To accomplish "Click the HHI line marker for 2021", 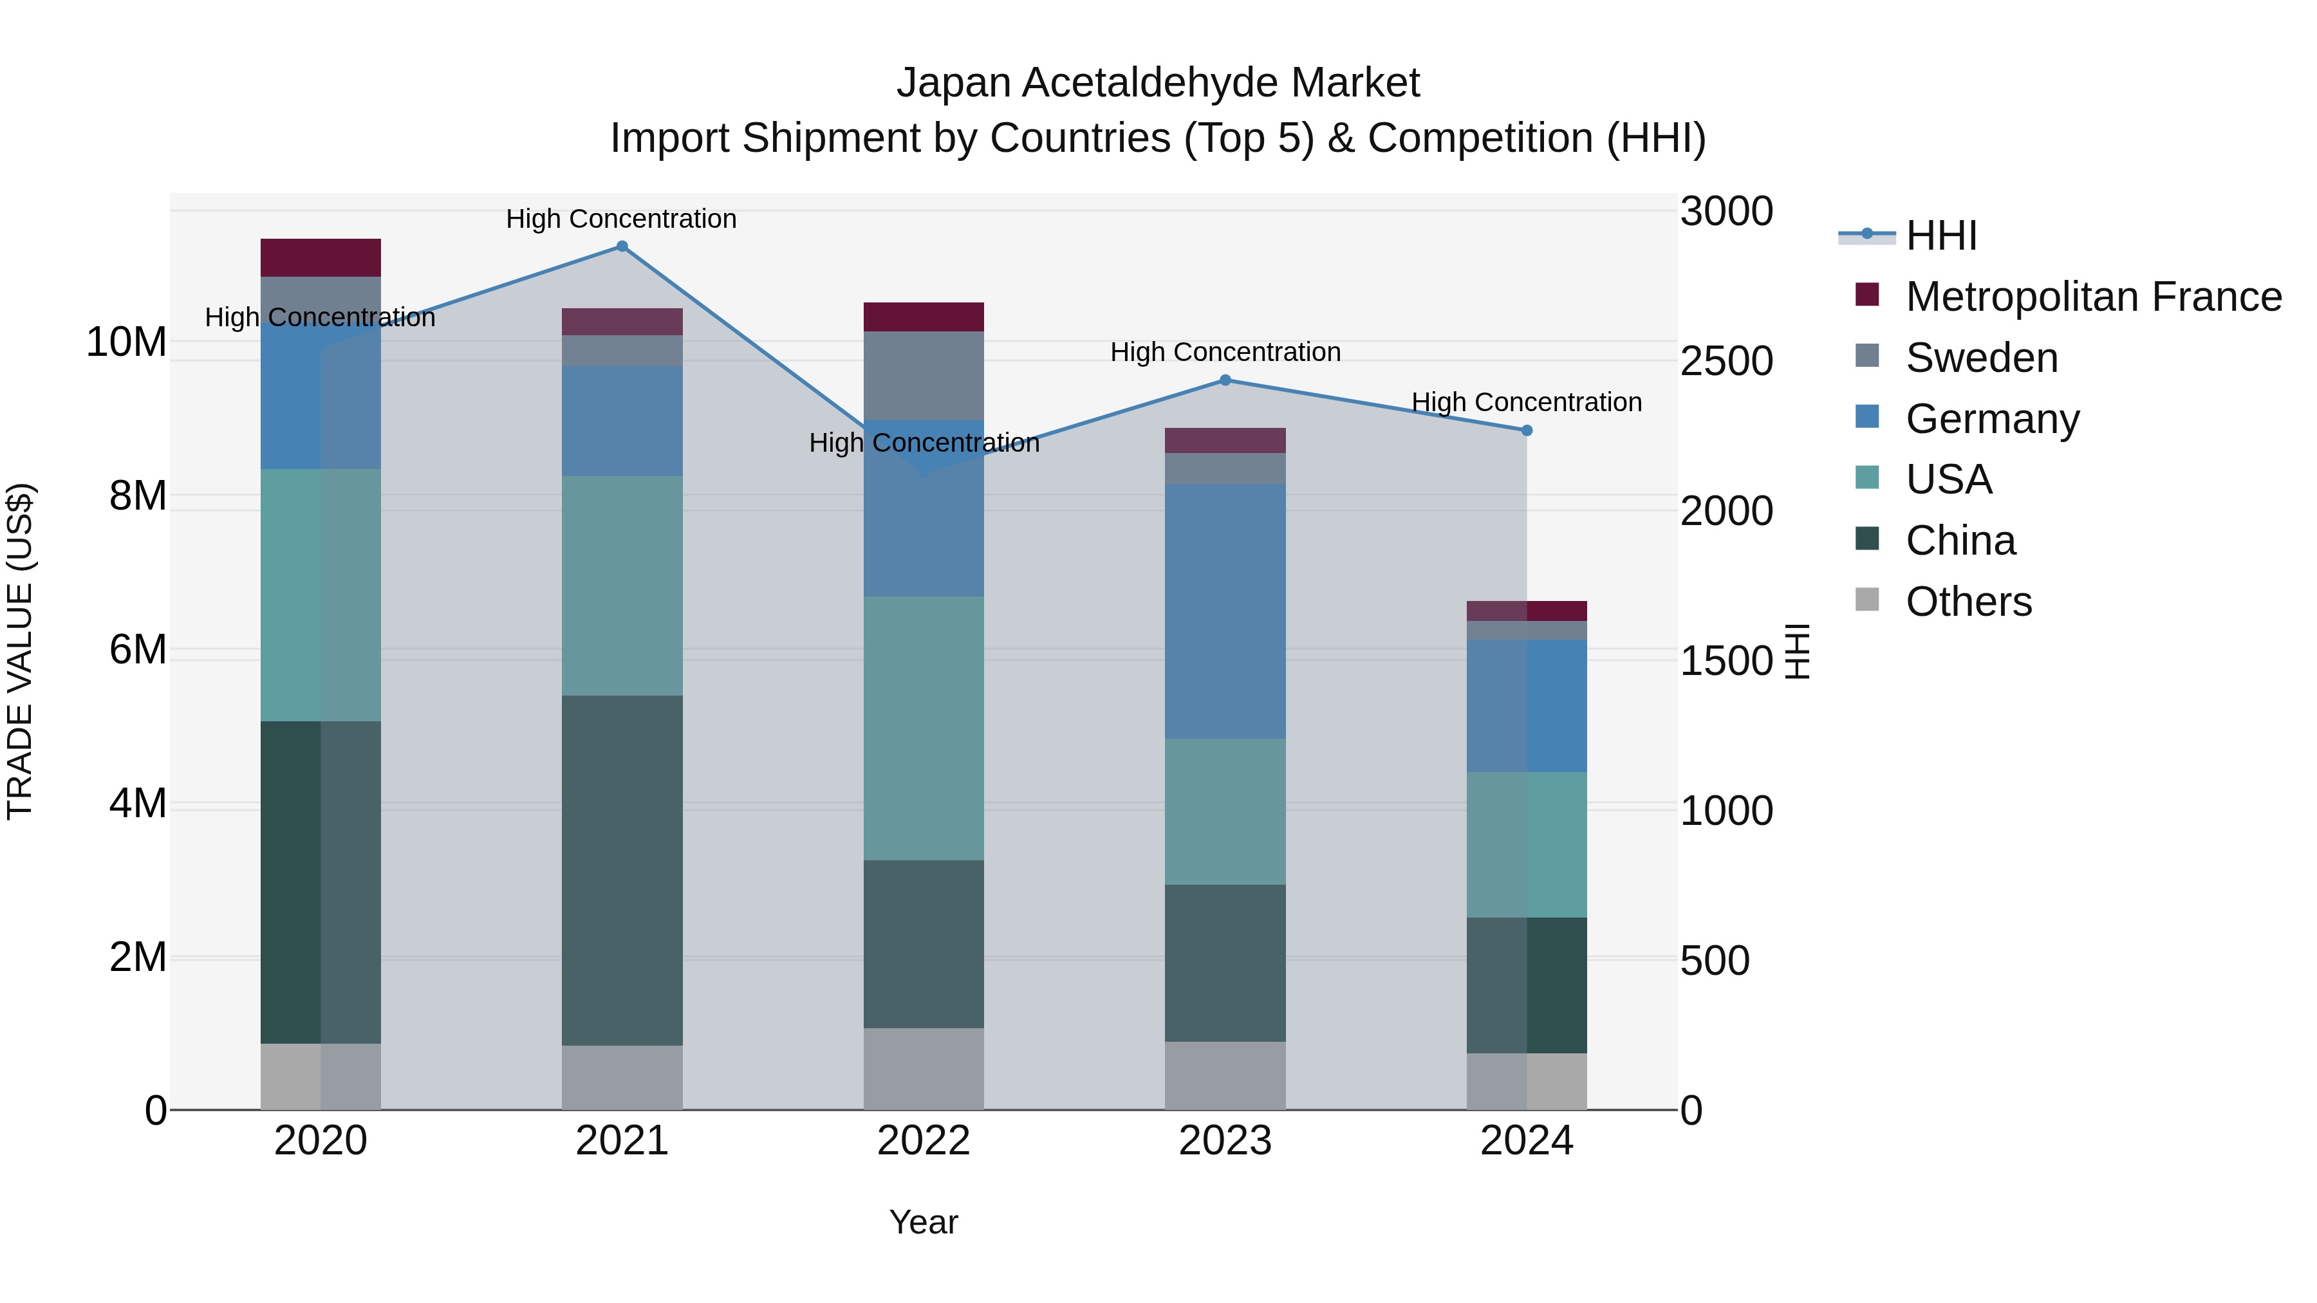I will coord(622,246).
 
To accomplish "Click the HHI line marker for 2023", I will coord(1225,380).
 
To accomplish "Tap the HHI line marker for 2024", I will coord(1527,430).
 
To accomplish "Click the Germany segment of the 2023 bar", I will coord(1225,611).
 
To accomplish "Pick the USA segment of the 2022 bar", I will coord(924,728).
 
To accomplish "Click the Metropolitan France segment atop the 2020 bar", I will coord(321,257).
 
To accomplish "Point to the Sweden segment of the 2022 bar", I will coord(924,375).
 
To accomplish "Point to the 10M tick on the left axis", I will coord(126,342).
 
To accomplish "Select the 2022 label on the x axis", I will coord(924,1141).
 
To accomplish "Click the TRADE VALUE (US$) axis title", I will coord(20,651).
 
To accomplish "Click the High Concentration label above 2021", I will coord(622,219).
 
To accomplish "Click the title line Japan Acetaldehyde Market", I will coord(1158,83).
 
